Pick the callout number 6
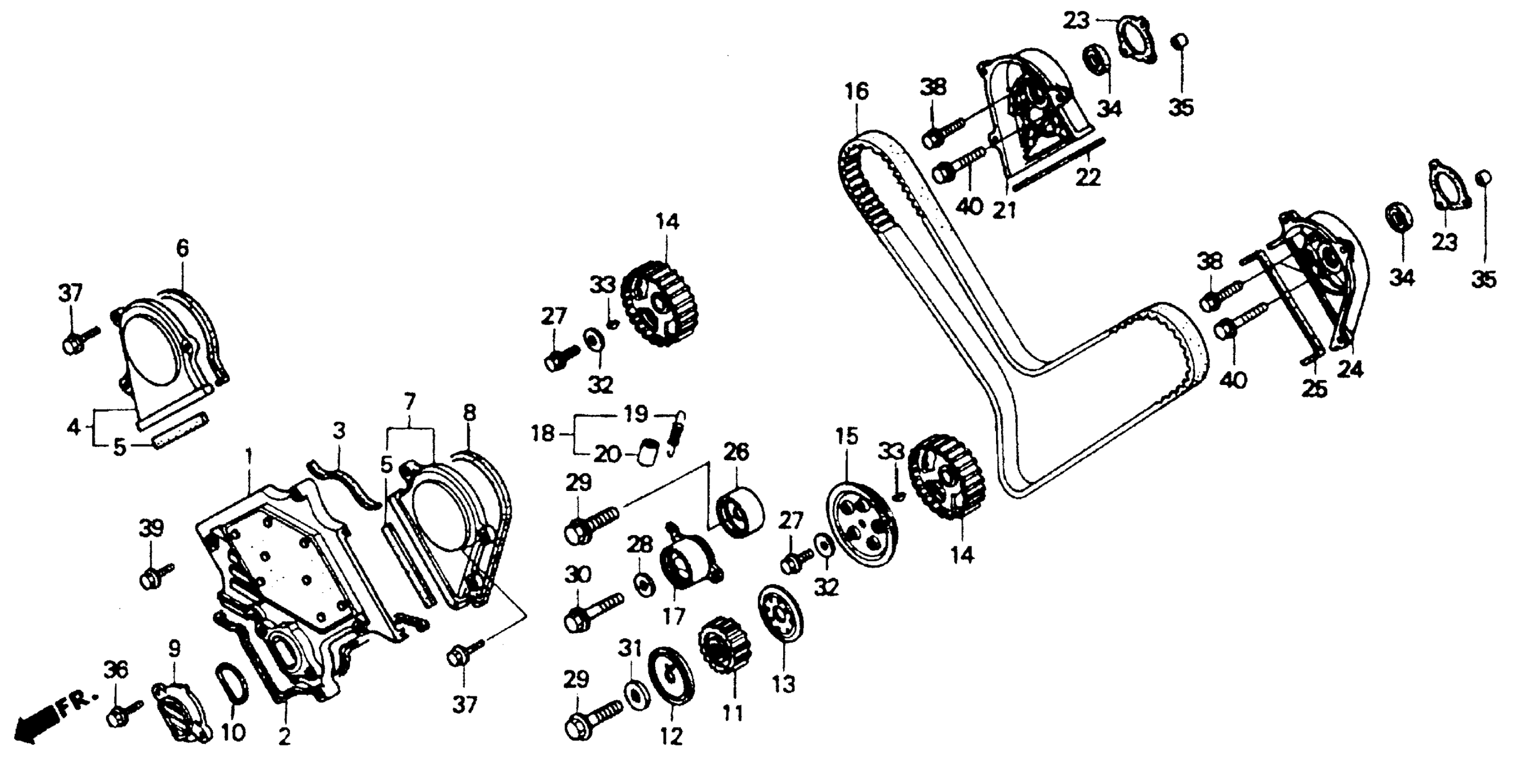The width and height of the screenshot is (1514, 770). click(183, 249)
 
